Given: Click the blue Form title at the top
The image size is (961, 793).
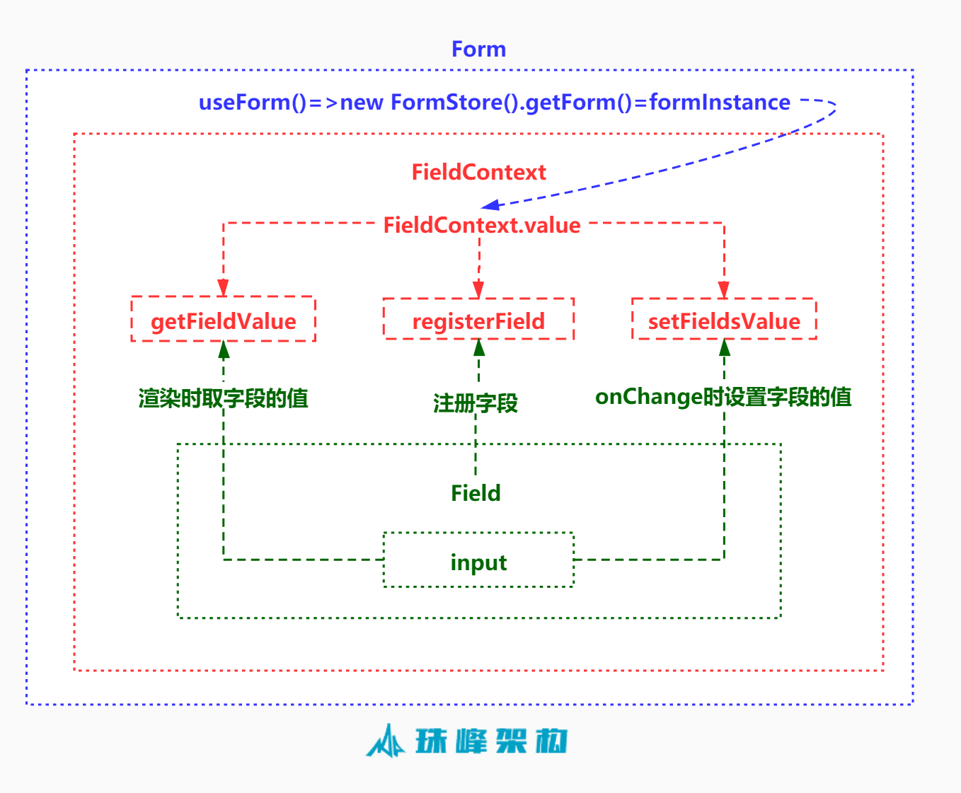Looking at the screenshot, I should point(478,50).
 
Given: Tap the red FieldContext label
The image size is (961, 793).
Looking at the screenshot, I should point(478,172).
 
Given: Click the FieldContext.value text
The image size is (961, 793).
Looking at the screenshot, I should point(481,225).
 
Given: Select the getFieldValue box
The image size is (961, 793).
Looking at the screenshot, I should point(223,320).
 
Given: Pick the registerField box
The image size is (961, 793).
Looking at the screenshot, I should point(478,320).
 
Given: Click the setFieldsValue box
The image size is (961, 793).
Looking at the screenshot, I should point(724,320).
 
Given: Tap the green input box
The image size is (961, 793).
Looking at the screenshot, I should point(478,561).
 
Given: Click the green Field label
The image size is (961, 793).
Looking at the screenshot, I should point(476,493).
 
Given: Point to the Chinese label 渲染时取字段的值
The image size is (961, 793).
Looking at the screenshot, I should point(223,398).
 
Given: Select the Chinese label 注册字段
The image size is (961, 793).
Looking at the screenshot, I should point(476,403).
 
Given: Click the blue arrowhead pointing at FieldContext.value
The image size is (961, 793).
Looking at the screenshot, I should point(490,205).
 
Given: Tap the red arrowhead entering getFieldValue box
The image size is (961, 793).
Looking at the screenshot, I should point(223,287).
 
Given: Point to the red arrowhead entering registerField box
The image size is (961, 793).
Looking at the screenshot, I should point(478,289).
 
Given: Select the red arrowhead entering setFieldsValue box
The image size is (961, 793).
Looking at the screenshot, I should point(723,289).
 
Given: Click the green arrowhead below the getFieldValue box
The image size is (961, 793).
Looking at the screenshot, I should point(224,349).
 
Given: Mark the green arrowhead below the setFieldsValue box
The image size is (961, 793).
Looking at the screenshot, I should point(724,347).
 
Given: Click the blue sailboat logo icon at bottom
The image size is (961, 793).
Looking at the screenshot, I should point(386,741).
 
